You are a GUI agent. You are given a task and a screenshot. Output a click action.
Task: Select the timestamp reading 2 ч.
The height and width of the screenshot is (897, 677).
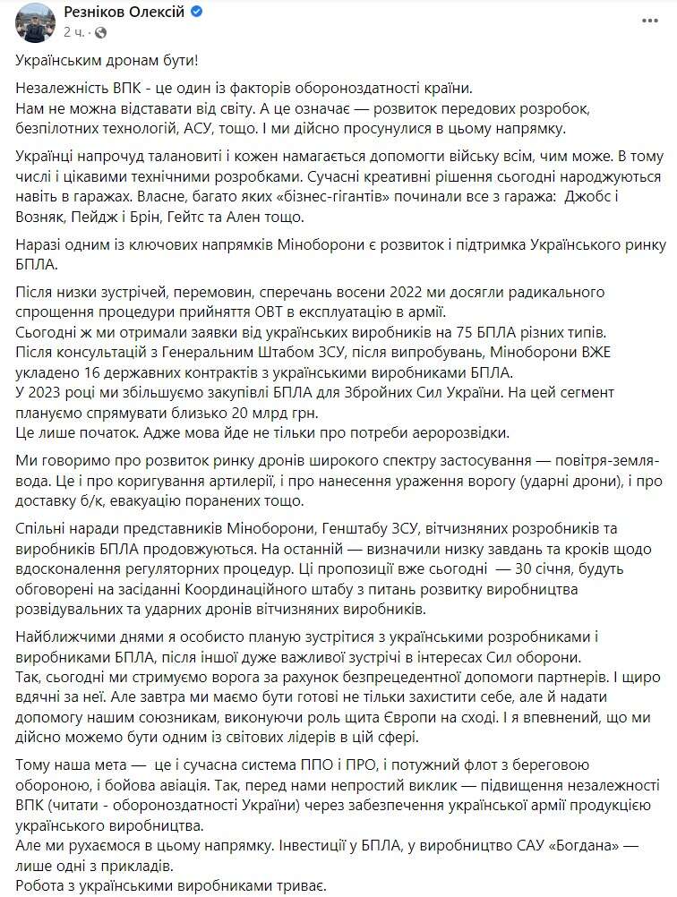click(74, 31)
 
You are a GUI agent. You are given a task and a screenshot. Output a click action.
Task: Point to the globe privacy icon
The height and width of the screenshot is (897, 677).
click(99, 31)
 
